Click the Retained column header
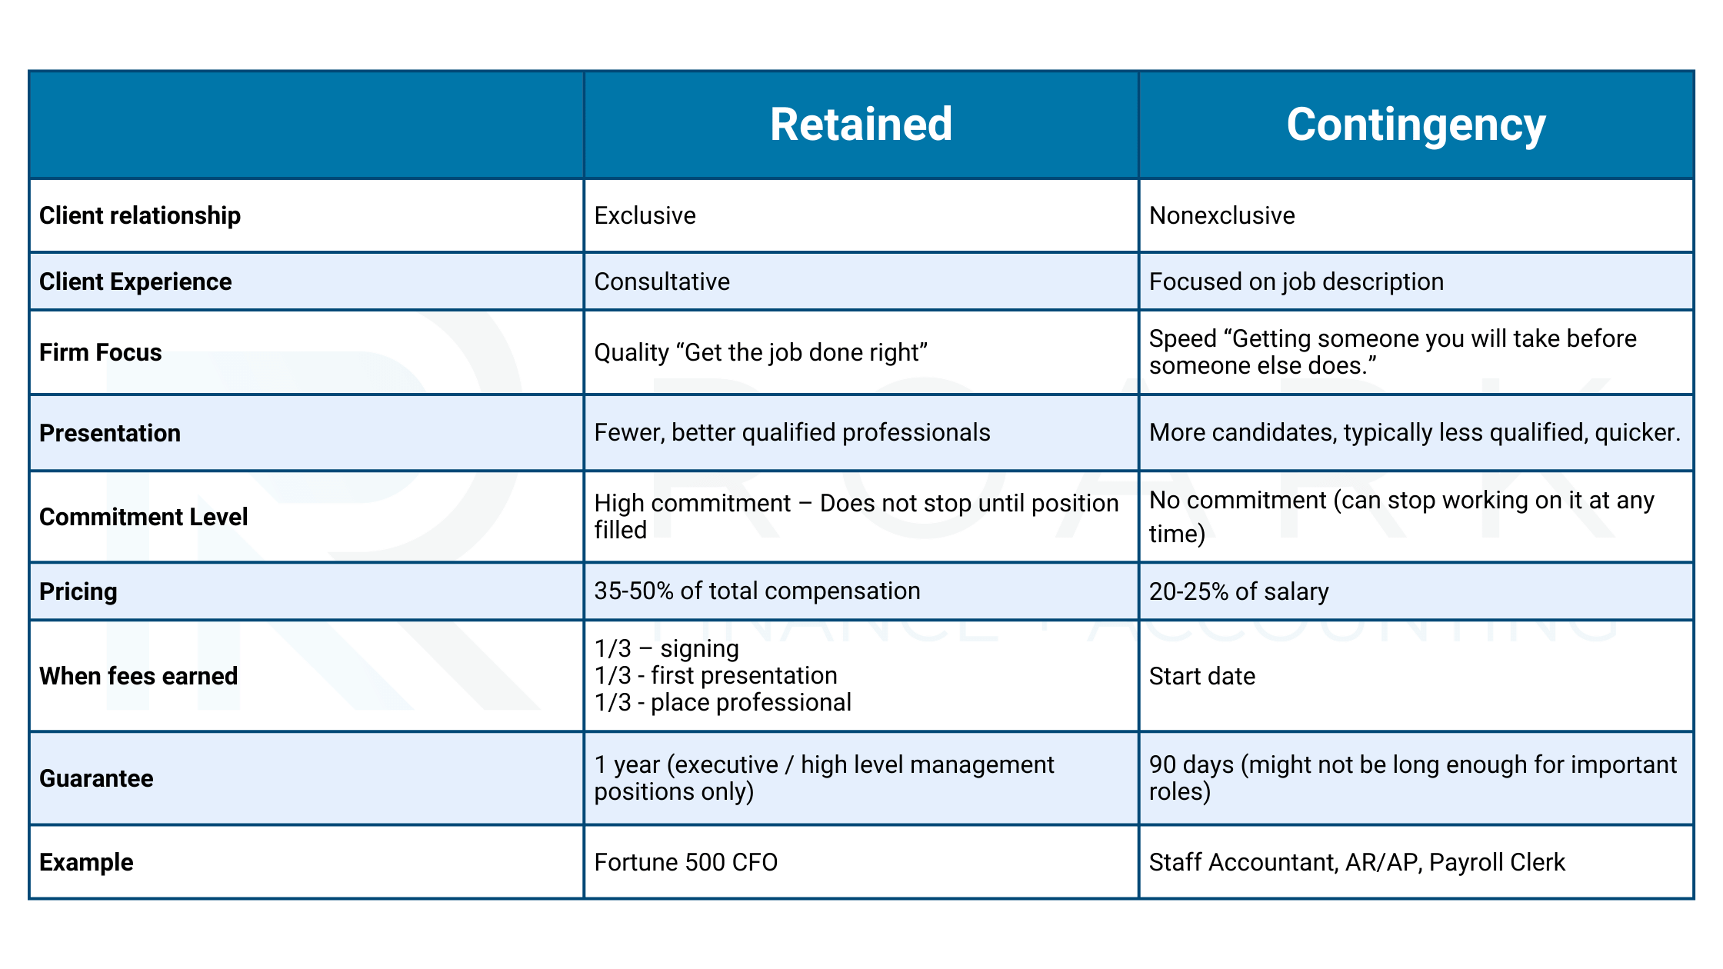tap(861, 125)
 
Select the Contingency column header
tap(1415, 125)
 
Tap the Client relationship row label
tap(140, 215)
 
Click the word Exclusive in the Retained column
tap(645, 215)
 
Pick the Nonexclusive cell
tap(1221, 215)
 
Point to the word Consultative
tap(662, 281)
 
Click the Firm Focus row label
tap(101, 352)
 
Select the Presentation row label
tap(110, 433)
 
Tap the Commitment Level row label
tap(144, 517)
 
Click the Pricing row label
tap(78, 591)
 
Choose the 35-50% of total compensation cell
tap(757, 591)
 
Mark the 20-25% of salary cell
tap(1238, 591)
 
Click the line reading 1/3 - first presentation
tap(715, 675)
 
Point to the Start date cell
tap(1201, 676)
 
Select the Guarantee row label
tap(96, 778)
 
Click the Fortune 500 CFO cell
tap(685, 862)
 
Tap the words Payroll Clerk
tap(1496, 862)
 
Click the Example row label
tap(86, 862)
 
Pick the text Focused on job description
tap(1296, 281)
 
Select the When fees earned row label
tap(138, 676)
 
